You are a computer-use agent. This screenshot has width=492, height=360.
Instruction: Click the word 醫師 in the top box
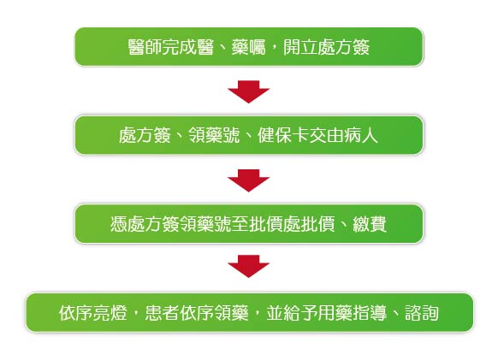pyautogui.click(x=145, y=47)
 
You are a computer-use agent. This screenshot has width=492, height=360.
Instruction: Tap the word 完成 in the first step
pyautogui.click(x=180, y=47)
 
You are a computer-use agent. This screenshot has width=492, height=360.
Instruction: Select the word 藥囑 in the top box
pyautogui.click(x=248, y=47)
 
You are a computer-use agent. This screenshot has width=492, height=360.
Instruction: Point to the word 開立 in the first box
pyautogui.click(x=300, y=47)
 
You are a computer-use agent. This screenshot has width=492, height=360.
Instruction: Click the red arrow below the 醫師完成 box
pyautogui.click(x=248, y=91)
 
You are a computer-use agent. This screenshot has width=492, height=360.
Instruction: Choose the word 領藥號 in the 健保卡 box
pyautogui.click(x=214, y=136)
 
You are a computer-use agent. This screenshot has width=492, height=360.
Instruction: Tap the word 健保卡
pyautogui.click(x=283, y=136)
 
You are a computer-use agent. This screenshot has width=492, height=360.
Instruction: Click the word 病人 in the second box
pyautogui.click(x=360, y=136)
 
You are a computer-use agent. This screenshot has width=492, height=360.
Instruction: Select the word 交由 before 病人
pyautogui.click(x=326, y=136)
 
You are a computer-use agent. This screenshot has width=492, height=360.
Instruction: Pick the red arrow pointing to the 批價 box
pyautogui.click(x=248, y=180)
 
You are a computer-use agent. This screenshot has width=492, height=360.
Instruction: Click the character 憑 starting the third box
pyautogui.click(x=119, y=224)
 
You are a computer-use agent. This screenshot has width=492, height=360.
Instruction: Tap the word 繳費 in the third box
pyautogui.click(x=370, y=224)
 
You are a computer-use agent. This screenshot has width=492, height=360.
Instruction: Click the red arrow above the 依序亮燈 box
pyautogui.click(x=248, y=266)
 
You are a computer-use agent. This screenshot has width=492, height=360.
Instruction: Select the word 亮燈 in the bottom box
pyautogui.click(x=110, y=313)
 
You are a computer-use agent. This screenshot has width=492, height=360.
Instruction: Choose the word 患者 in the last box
pyautogui.click(x=162, y=313)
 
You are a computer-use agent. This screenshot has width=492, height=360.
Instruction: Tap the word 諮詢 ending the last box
pyautogui.click(x=421, y=313)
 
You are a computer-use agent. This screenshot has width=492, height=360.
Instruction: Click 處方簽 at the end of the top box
pyautogui.click(x=344, y=47)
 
